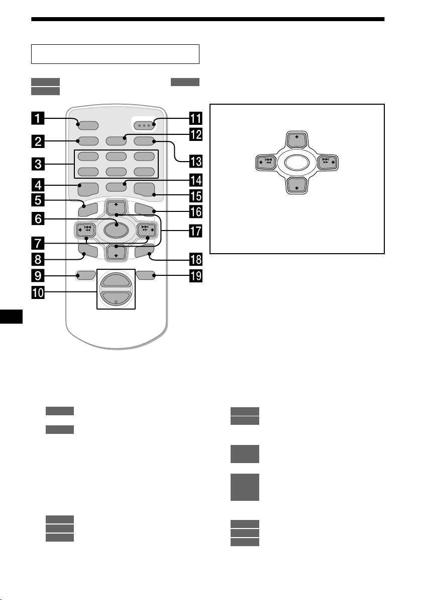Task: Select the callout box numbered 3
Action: click(x=38, y=164)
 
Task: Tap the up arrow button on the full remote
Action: click(x=116, y=208)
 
